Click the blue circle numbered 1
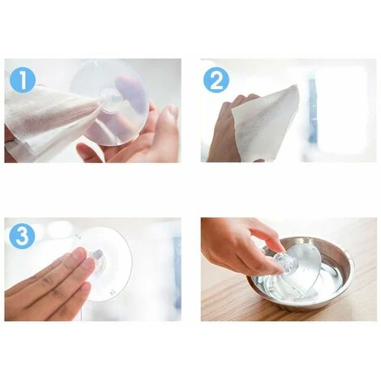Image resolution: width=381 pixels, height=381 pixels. click(23, 80)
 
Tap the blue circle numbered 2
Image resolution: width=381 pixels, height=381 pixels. click(216, 80)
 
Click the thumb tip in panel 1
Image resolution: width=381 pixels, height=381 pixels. click(169, 111)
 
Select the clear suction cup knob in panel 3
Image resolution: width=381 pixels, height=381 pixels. click(95, 259)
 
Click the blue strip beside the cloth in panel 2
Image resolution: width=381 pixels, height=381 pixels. click(312, 111)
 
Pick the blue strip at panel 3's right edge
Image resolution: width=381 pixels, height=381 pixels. click(177, 273)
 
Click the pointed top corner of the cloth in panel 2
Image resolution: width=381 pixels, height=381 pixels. click(297, 86)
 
